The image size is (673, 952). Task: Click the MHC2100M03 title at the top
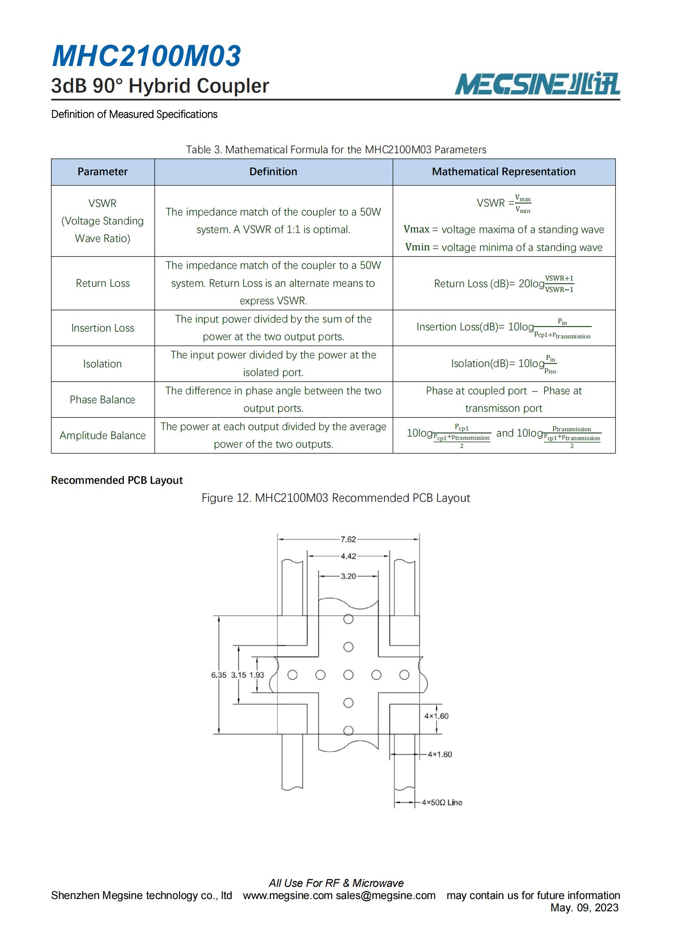[146, 56]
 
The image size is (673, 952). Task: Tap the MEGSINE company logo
[537, 84]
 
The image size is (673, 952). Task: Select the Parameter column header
[103, 172]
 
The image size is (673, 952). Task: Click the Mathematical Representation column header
[503, 172]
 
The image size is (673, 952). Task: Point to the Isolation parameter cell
[103, 364]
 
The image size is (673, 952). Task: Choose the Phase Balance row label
[103, 399]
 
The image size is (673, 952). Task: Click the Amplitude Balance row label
[103, 435]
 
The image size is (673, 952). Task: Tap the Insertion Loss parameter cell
[103, 328]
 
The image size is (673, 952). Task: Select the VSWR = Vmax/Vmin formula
[503, 204]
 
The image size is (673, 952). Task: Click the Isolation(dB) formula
[503, 364]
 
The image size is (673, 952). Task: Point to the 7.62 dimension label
[348, 540]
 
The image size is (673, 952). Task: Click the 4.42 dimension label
[348, 557]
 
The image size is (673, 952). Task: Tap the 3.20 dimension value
[348, 576]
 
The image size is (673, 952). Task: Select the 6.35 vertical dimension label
[219, 675]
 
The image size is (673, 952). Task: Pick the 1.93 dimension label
[256, 675]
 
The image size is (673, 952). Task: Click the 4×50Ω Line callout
[442, 802]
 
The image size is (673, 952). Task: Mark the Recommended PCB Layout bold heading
[116, 480]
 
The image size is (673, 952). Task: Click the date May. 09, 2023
[584, 908]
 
